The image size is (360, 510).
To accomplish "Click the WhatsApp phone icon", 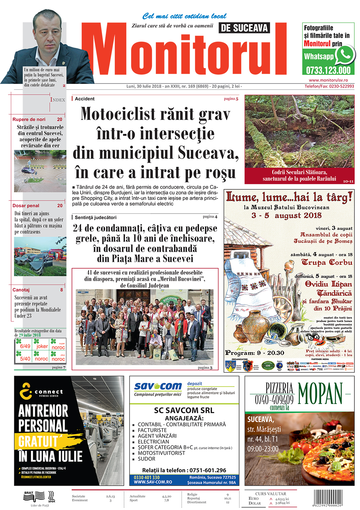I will click(x=345, y=55).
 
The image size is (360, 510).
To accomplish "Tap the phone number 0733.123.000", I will click(x=328, y=70).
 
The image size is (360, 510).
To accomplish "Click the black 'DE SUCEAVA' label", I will click(x=244, y=28).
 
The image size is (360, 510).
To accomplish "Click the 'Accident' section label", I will click(x=85, y=99).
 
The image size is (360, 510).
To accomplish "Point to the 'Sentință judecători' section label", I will click(x=95, y=217).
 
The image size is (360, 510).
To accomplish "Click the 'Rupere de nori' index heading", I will click(x=29, y=119).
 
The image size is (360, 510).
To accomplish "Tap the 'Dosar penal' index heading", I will click(x=26, y=206).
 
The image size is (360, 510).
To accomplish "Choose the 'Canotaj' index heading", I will click(x=21, y=290).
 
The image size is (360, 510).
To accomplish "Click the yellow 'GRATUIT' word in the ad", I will click(x=38, y=441).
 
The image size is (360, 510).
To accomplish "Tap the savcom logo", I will click(x=158, y=386).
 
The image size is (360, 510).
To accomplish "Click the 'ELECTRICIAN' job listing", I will click(x=153, y=442).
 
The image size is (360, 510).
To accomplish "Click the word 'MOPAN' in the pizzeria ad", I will click(x=320, y=393).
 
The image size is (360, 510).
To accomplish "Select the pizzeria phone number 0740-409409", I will click(x=274, y=399).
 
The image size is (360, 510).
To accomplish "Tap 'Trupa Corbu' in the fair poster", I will click(x=327, y=262).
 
